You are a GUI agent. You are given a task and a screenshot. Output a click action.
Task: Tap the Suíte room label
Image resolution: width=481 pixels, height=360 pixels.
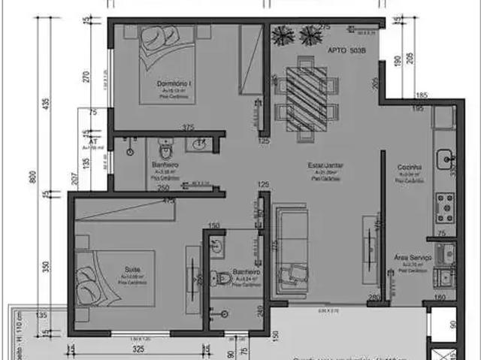(134, 266)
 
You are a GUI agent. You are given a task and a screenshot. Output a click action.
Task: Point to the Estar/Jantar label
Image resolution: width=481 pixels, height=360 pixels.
(326, 165)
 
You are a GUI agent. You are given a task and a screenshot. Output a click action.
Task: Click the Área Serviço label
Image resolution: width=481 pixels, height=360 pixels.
(413, 257)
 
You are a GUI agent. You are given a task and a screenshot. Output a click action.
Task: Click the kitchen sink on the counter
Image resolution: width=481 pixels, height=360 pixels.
(445, 158)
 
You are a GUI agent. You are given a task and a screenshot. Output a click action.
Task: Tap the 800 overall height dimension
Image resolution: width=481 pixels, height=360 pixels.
(32, 177)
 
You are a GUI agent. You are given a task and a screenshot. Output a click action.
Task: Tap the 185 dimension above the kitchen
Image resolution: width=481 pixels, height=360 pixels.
(421, 95)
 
